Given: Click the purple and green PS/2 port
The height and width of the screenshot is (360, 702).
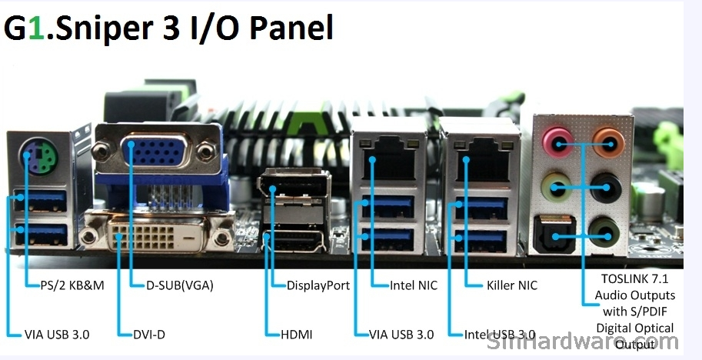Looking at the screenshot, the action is click(38, 157).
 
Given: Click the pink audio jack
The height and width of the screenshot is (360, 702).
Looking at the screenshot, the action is click(557, 142).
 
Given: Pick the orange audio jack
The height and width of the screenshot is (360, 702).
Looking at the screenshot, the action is click(608, 142).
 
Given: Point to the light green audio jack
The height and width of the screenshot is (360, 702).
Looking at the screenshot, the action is click(557, 187).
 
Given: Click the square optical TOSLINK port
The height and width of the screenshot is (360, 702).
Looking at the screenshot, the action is click(554, 235).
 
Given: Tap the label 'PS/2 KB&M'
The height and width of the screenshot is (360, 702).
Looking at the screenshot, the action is click(72, 285).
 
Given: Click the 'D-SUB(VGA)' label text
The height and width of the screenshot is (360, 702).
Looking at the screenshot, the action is click(179, 285).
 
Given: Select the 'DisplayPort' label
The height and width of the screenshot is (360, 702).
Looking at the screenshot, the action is click(318, 285).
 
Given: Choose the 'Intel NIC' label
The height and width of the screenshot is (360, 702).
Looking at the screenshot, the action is click(413, 285).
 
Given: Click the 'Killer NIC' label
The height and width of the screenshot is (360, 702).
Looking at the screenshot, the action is click(512, 285).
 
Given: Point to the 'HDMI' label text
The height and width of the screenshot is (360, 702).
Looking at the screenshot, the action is click(296, 334).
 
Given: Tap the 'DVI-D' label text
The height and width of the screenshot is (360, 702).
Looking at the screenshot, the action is click(149, 334).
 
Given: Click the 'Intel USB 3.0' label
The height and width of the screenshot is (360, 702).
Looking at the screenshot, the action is click(500, 334).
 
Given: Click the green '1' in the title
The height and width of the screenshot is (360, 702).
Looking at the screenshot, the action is click(36, 28).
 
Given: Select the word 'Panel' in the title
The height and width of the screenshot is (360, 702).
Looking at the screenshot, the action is click(291, 28).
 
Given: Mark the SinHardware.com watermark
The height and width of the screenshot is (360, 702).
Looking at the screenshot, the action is click(582, 342).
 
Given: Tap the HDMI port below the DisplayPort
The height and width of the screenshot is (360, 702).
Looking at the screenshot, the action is click(294, 242).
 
